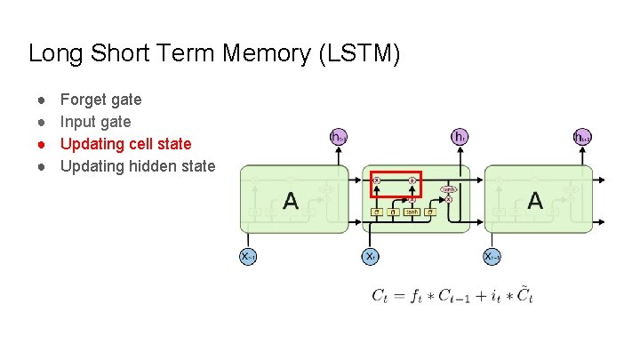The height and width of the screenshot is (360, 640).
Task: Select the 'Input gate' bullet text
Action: click(x=95, y=122)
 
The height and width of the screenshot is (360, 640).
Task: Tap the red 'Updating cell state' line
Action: click(x=125, y=144)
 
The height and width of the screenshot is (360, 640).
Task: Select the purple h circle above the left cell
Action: click(x=338, y=137)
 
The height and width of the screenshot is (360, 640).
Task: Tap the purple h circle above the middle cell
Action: click(x=460, y=137)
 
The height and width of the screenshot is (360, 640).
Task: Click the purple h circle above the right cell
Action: click(x=582, y=137)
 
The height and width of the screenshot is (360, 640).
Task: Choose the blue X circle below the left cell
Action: click(x=248, y=256)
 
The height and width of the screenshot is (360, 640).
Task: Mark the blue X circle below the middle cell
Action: click(x=371, y=256)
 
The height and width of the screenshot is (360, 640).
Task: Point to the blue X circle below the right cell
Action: click(x=492, y=256)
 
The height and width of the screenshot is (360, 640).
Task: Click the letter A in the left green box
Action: click(x=290, y=201)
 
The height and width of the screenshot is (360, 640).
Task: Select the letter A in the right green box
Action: click(x=535, y=201)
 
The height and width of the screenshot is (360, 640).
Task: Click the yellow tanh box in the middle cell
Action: click(x=412, y=212)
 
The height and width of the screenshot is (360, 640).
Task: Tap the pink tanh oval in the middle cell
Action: click(x=449, y=188)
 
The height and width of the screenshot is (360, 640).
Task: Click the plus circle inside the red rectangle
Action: click(x=412, y=180)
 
